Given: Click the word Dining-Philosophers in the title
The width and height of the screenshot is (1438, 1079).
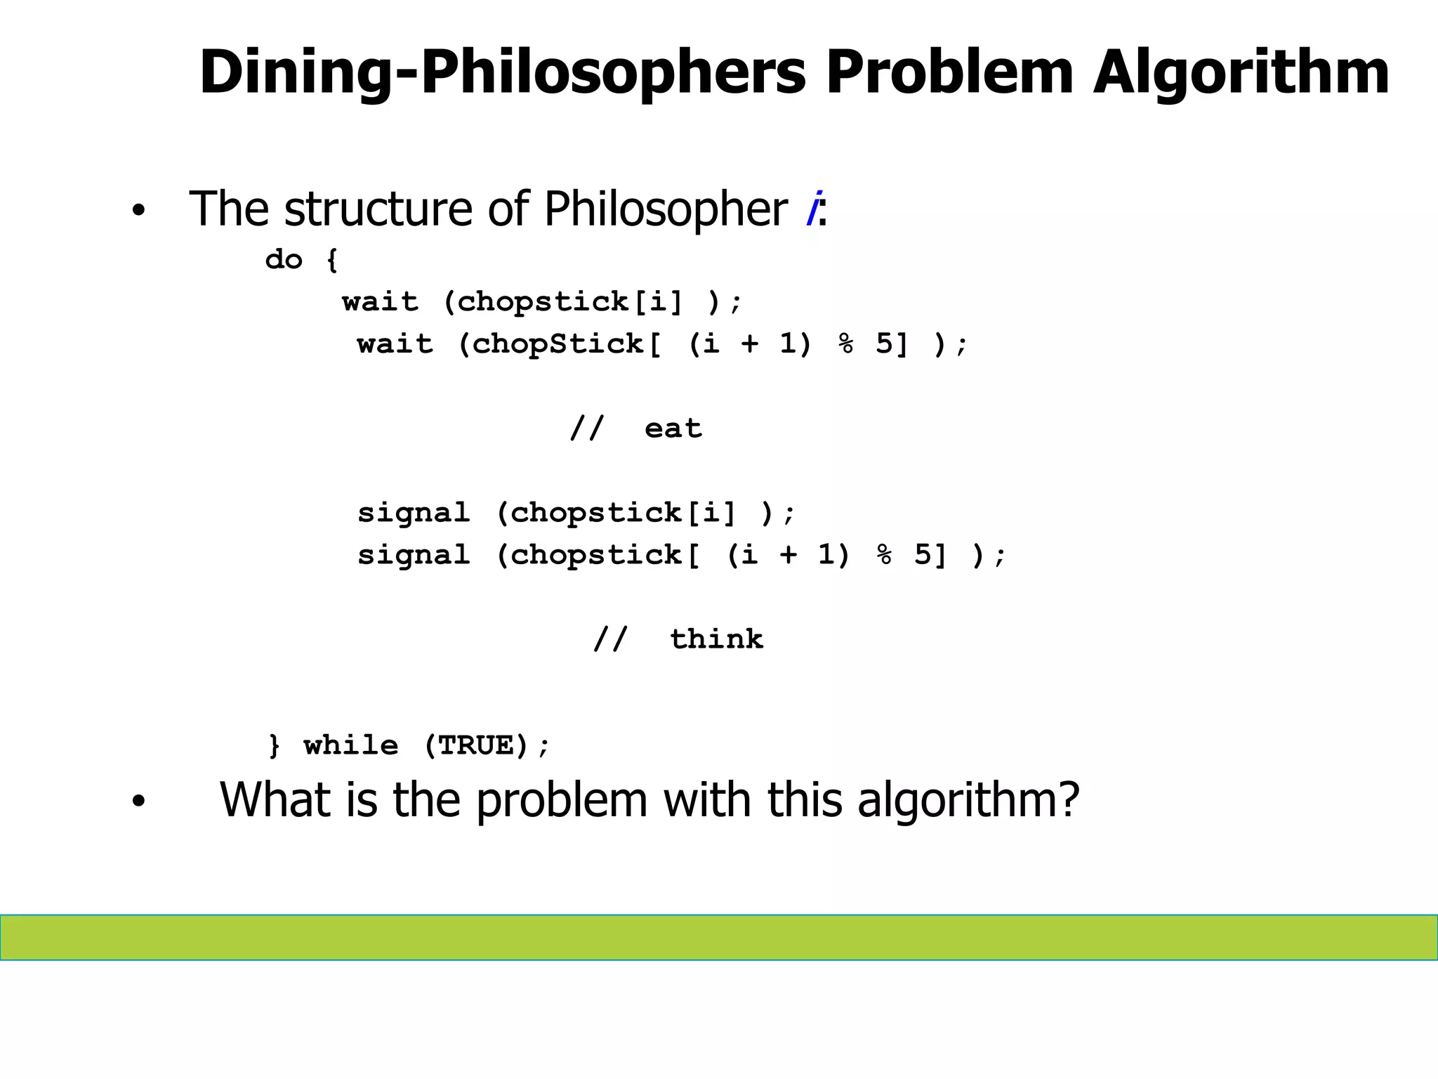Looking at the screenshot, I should coord(502,72).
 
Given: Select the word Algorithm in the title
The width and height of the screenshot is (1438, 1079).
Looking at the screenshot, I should coord(1241,72).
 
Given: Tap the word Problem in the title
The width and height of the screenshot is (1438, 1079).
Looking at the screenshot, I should coord(949,72).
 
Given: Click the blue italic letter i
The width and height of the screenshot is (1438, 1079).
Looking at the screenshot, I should coord(814,209).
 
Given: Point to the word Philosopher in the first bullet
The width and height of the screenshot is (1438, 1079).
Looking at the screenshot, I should coord(666,209).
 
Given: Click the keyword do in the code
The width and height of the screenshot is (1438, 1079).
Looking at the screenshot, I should coord(284,259).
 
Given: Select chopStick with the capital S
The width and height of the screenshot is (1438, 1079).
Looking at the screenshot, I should coord(558,344).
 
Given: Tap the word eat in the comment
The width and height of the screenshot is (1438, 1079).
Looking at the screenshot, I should coord(673,428).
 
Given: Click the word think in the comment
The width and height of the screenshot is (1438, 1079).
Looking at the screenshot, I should coord(716,639).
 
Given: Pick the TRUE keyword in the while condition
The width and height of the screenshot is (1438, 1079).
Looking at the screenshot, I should coord(476,745).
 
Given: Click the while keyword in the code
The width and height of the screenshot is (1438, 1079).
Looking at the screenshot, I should coord(351,745).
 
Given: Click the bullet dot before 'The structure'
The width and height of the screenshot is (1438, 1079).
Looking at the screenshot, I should coord(138,210).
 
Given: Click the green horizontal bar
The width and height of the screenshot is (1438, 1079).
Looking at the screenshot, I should coord(719,937).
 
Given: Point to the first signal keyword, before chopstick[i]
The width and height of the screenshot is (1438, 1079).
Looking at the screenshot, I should coord(414,513).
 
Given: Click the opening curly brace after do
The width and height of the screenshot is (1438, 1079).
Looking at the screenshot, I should coord(332,260).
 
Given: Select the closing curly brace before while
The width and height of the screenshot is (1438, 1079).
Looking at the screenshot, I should coord(274,745).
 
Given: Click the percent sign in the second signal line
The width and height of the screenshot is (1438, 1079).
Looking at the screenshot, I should coord(884,555).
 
